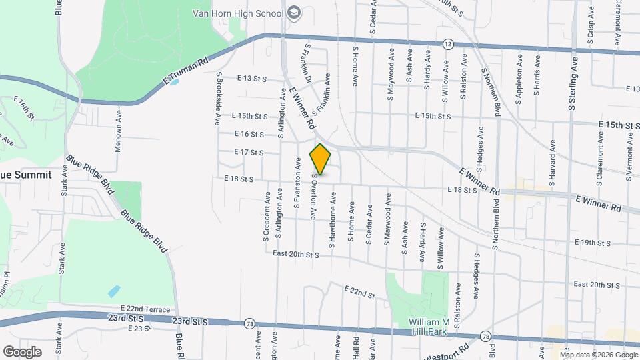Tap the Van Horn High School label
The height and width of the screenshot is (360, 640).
point(239,13)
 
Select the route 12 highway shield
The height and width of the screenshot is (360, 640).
point(447,43)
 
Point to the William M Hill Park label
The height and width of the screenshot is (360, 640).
point(435,327)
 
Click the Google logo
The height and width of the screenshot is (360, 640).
point(22,351)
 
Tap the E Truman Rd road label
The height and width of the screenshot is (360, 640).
point(186,71)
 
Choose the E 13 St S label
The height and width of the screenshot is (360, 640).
point(252,78)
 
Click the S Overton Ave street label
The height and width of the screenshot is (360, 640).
point(313,197)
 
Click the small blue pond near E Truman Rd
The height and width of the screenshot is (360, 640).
point(174,83)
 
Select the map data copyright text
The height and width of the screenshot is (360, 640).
point(597,355)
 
